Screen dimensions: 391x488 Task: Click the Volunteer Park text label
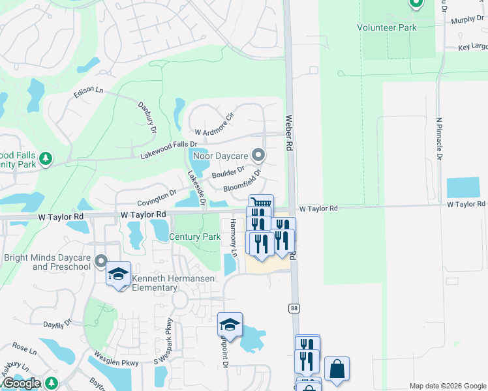386,27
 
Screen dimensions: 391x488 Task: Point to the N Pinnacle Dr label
440,139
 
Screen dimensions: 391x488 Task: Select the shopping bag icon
337,369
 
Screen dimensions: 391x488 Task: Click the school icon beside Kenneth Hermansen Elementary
118,274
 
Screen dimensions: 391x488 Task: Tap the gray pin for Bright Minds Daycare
100,262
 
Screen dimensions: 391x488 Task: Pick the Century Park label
194,237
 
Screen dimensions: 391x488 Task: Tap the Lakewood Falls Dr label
168,149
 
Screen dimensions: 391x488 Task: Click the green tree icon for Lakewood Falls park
45,159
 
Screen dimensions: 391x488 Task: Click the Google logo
22,383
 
